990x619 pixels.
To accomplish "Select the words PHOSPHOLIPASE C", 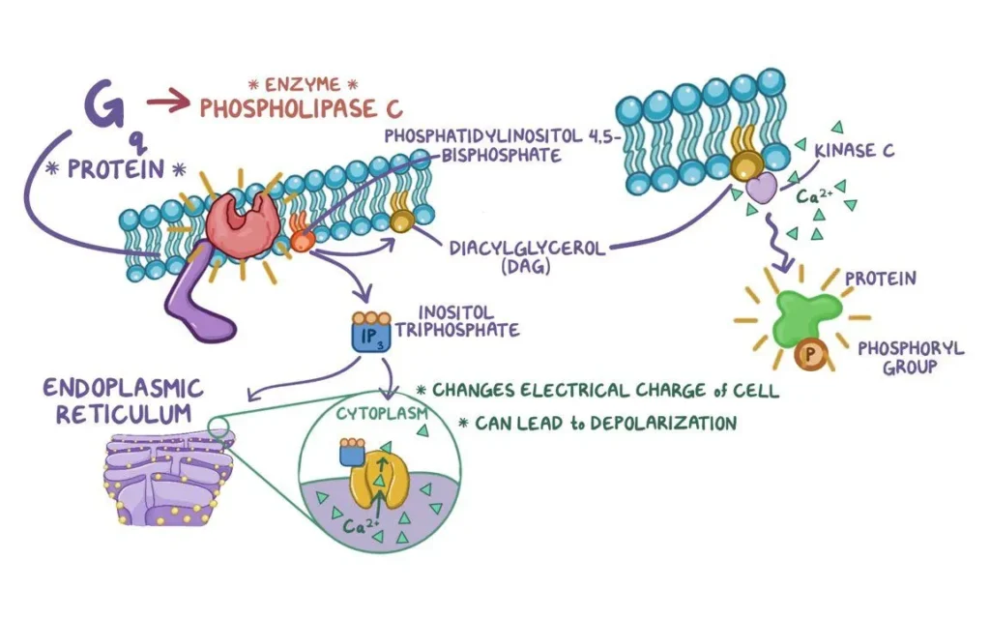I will click(301, 106).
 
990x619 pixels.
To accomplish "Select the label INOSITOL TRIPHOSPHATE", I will click(468, 321).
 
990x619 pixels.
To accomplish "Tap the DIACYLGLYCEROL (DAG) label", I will click(528, 256).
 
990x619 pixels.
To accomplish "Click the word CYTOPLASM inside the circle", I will click(375, 413).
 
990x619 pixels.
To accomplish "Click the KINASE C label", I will click(854, 152).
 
